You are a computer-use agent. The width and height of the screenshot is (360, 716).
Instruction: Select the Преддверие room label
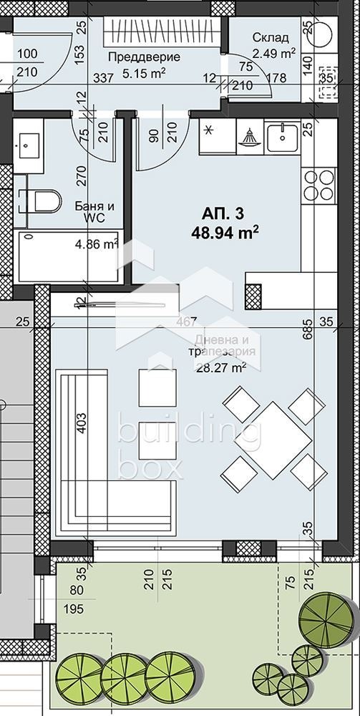click(x=134, y=57)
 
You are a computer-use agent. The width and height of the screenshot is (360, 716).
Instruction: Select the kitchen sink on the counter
click(x=283, y=136)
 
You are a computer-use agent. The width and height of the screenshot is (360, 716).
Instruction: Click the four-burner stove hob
click(x=318, y=185)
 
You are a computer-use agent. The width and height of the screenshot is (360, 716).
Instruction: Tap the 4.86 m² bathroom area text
click(x=96, y=244)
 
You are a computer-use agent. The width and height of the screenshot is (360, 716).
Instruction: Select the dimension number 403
click(x=80, y=422)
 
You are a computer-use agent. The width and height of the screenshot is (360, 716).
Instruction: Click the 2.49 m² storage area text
click(x=274, y=52)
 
